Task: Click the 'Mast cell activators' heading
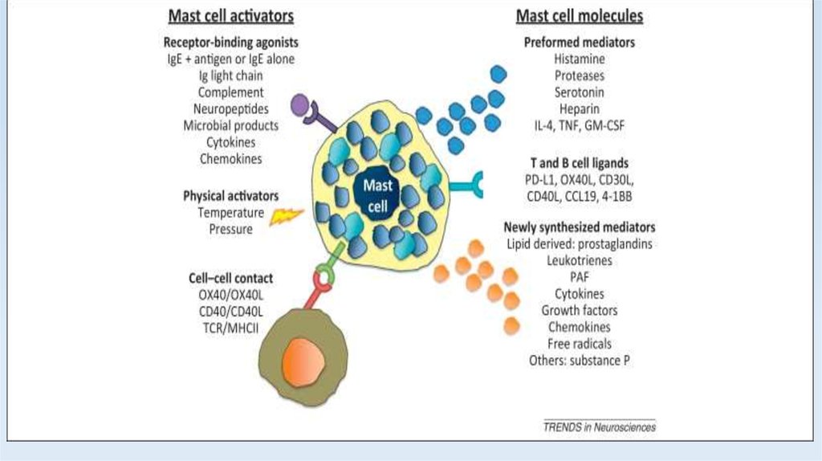230,15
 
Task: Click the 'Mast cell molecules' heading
579,15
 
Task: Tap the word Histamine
579,59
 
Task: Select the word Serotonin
579,92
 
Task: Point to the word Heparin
579,108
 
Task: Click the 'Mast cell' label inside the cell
376,196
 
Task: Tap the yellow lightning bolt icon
285,216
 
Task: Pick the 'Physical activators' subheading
230,196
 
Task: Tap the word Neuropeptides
231,109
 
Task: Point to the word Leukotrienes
579,261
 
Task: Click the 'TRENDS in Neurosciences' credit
599,427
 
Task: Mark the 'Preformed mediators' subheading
579,43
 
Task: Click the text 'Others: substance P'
579,360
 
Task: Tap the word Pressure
231,229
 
